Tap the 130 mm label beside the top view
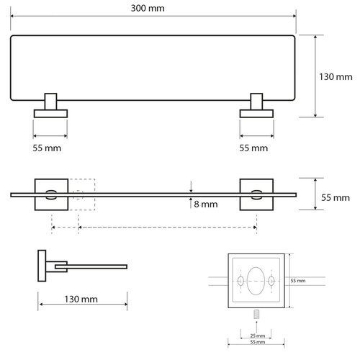336,74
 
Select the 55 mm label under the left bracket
50,148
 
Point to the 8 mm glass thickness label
207,204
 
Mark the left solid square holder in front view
51,193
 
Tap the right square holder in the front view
256,193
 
